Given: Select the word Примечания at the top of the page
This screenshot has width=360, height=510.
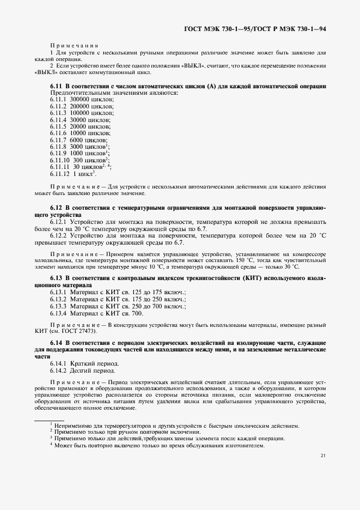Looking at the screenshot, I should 74,46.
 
